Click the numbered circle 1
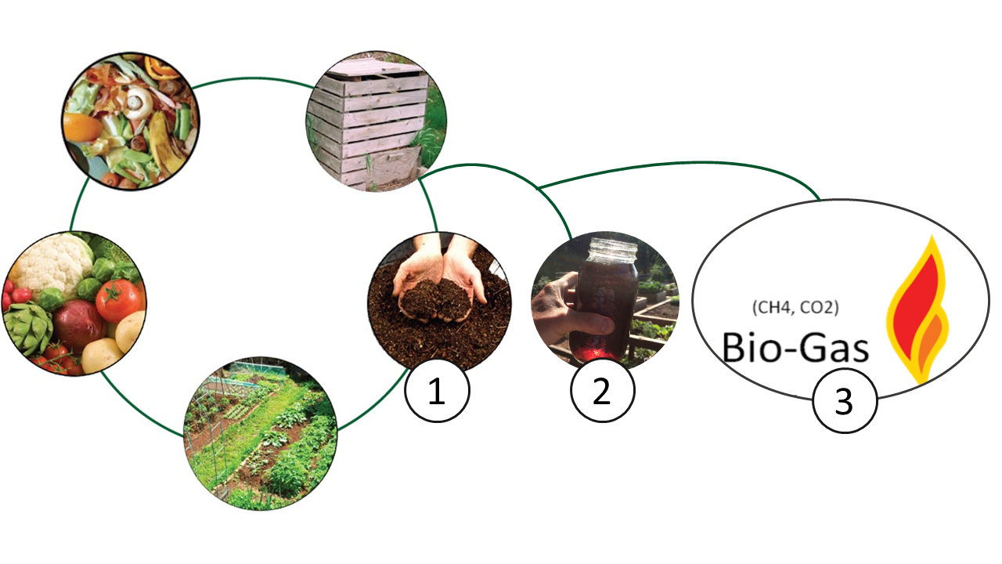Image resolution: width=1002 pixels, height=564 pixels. tap(437, 390)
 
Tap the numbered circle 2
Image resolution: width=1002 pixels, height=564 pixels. tap(602, 390)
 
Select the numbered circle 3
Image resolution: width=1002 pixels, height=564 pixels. tap(845, 400)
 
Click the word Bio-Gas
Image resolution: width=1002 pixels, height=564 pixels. tap(795, 347)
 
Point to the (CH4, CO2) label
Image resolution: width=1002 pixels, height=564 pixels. tap(795, 308)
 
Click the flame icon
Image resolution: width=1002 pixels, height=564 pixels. tap(917, 309)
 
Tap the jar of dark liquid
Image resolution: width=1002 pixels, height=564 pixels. tap(606, 300)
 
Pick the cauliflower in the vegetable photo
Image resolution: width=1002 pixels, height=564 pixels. tap(52, 265)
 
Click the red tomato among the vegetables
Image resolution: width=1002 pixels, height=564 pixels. tap(118, 300)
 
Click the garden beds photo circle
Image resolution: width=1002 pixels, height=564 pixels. tap(261, 433)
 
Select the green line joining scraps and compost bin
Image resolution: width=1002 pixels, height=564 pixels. tap(253, 79)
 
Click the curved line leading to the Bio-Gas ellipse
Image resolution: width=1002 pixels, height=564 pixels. tap(680, 164)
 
